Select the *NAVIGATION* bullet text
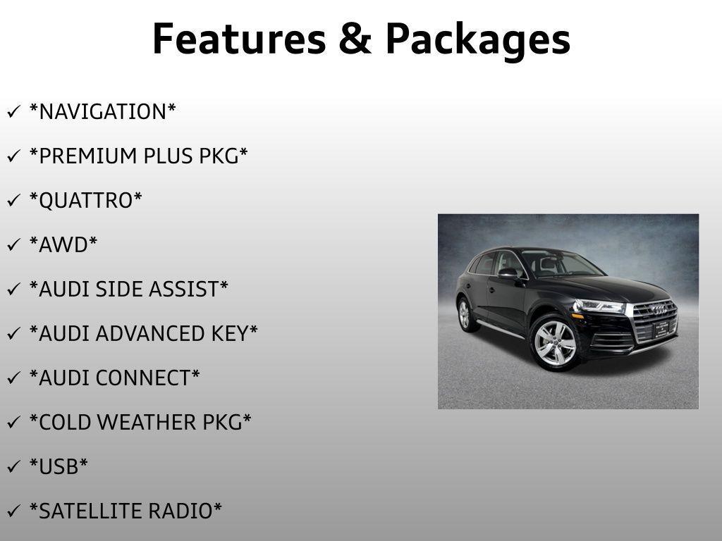point(102,111)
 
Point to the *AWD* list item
point(63,244)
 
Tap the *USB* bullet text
point(59,466)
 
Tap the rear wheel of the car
point(465,314)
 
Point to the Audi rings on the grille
point(659,309)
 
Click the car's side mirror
point(508,273)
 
